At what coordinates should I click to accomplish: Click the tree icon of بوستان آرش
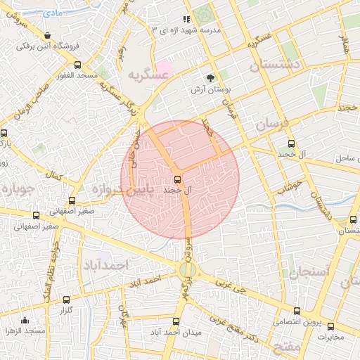point(210,79)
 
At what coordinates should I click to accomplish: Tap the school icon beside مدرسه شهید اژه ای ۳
point(186,20)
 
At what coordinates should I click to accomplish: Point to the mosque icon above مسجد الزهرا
point(25,321)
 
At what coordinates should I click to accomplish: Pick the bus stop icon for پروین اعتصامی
point(296,310)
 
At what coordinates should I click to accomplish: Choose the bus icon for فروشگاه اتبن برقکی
point(46,35)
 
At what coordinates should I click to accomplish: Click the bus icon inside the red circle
point(177,179)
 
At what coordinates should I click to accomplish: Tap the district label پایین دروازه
point(118,190)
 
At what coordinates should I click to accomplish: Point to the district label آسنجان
point(308,271)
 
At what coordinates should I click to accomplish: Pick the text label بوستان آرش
point(210,91)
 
